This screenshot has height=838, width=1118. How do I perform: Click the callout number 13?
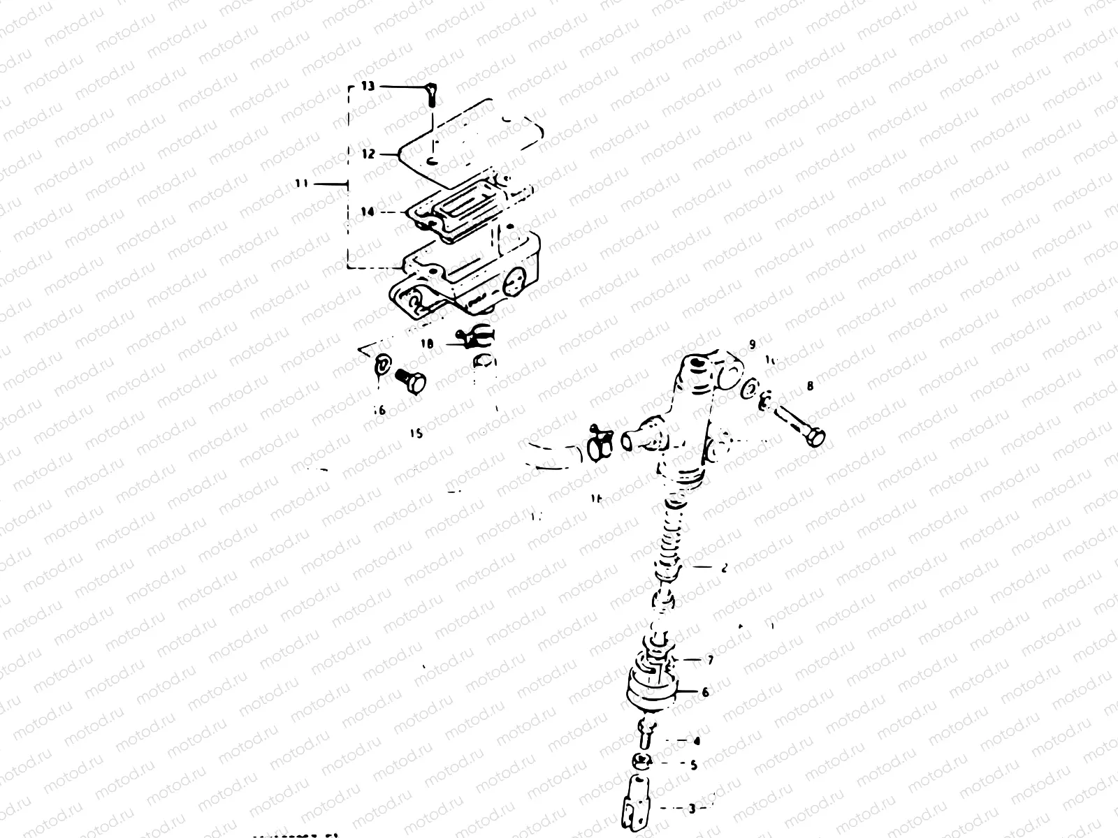click(368, 87)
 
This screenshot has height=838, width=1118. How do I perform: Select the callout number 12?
click(368, 154)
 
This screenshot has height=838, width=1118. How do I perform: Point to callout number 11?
click(301, 184)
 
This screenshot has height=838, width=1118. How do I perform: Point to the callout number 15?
click(416, 433)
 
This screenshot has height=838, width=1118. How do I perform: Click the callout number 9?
click(752, 344)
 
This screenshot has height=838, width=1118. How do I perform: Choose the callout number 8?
click(810, 385)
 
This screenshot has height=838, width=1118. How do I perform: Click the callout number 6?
click(706, 692)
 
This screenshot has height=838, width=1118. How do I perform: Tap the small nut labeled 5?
click(642, 762)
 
